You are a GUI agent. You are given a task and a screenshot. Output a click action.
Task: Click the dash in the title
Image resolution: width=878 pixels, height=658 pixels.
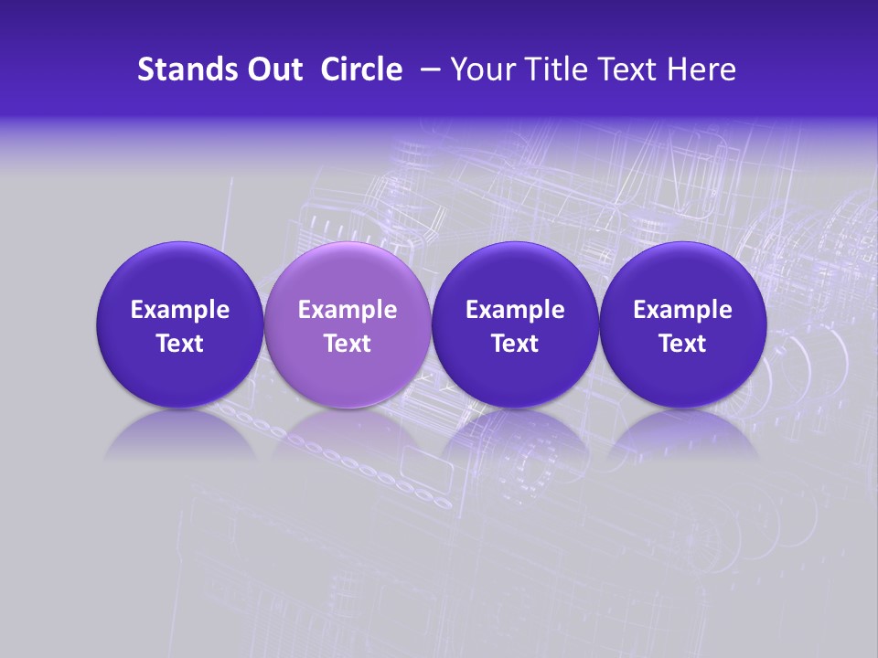click(x=427, y=69)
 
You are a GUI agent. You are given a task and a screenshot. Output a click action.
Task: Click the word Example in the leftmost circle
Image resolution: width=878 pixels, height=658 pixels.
click(x=180, y=310)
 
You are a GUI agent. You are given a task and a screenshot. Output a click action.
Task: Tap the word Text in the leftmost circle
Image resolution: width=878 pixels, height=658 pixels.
click(x=180, y=344)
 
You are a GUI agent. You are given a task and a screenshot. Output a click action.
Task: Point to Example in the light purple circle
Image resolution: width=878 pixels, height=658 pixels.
click(x=348, y=310)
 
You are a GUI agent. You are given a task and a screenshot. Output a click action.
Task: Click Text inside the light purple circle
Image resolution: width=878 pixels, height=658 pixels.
click(x=348, y=344)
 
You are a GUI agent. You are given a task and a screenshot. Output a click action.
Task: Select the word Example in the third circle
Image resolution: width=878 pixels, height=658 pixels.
click(x=515, y=310)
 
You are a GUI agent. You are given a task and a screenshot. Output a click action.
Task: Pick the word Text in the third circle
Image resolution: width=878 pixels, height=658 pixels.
click(x=515, y=344)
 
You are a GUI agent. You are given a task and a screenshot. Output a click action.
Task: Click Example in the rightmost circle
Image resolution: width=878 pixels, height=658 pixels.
click(x=682, y=310)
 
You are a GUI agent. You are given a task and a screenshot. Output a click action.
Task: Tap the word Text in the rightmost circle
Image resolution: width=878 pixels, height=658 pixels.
click(x=682, y=344)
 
